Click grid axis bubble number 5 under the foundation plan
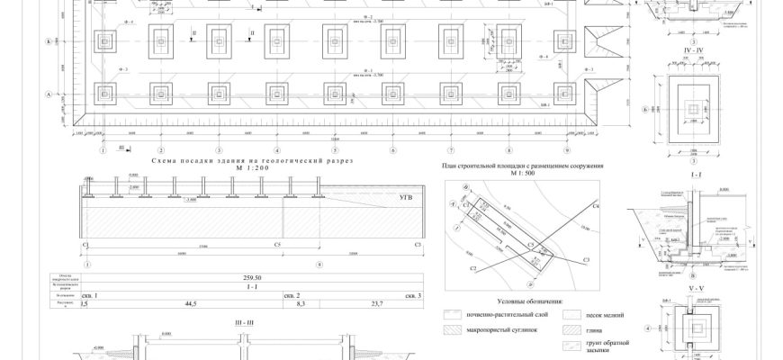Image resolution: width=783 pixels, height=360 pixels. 335,150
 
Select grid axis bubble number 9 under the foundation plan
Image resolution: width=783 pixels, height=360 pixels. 566,150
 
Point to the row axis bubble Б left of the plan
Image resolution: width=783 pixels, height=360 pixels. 46,42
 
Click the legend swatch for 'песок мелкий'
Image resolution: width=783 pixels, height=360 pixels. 570,316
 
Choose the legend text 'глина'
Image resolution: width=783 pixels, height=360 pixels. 597,330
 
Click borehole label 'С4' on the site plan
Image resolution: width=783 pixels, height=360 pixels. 596,207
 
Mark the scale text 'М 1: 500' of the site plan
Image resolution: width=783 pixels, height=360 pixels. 522,174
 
